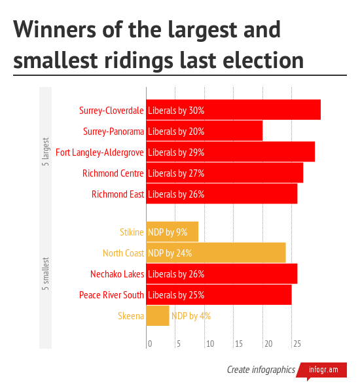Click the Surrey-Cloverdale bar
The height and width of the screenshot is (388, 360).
click(233, 110)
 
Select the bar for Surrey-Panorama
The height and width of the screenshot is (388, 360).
click(204, 131)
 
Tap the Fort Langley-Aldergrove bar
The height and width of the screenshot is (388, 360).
click(230, 152)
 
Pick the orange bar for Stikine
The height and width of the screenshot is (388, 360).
click(171, 232)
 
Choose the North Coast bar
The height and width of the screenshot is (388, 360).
click(215, 253)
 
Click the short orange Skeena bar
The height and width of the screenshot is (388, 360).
click(157, 315)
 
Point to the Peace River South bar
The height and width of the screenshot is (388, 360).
click(218, 294)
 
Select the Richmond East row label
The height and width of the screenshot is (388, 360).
click(118, 194)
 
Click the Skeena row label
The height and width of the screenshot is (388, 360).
click(131, 315)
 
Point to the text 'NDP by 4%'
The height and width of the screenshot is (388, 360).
click(191, 315)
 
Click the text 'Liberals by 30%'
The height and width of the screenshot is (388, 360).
click(176, 110)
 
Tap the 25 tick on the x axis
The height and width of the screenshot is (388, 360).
click(297, 344)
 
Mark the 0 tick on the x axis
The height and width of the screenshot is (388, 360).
click(149, 344)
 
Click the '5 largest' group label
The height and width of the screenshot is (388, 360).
click(45, 152)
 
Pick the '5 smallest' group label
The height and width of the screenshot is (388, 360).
click(45, 273)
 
